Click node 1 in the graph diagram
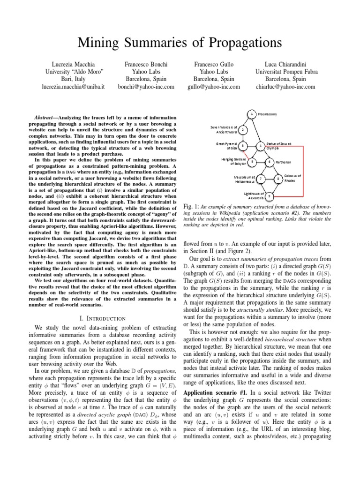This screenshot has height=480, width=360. tap(252, 114)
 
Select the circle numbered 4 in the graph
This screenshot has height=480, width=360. tap(260, 146)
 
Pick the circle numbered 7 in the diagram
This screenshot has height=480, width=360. tap(261, 179)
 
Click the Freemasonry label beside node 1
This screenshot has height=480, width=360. tap(268, 114)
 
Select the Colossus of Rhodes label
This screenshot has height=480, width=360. tap(293, 178)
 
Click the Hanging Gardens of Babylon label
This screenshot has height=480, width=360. tap(233, 162)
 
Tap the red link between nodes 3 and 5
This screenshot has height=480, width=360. tap(247, 154)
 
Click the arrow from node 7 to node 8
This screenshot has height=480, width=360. tap(269, 179)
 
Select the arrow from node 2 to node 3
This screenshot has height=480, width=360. tap(243, 138)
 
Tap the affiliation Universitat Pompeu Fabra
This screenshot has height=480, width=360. tap(286, 71)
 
